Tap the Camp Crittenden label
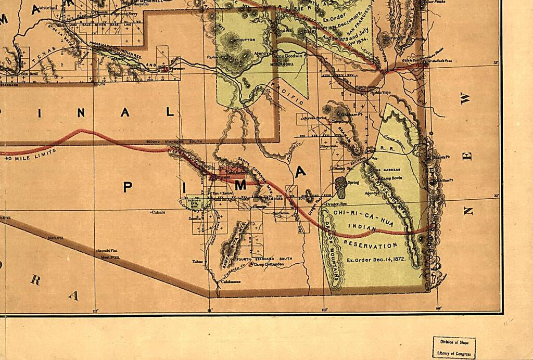pyautogui.click(x=269, y=264)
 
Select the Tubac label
pyautogui.click(x=198, y=262)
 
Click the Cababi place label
pyautogui.click(x=158, y=212)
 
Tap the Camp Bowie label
pyautogui.click(x=392, y=178)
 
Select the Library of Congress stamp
pyautogui.click(x=454, y=348)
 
